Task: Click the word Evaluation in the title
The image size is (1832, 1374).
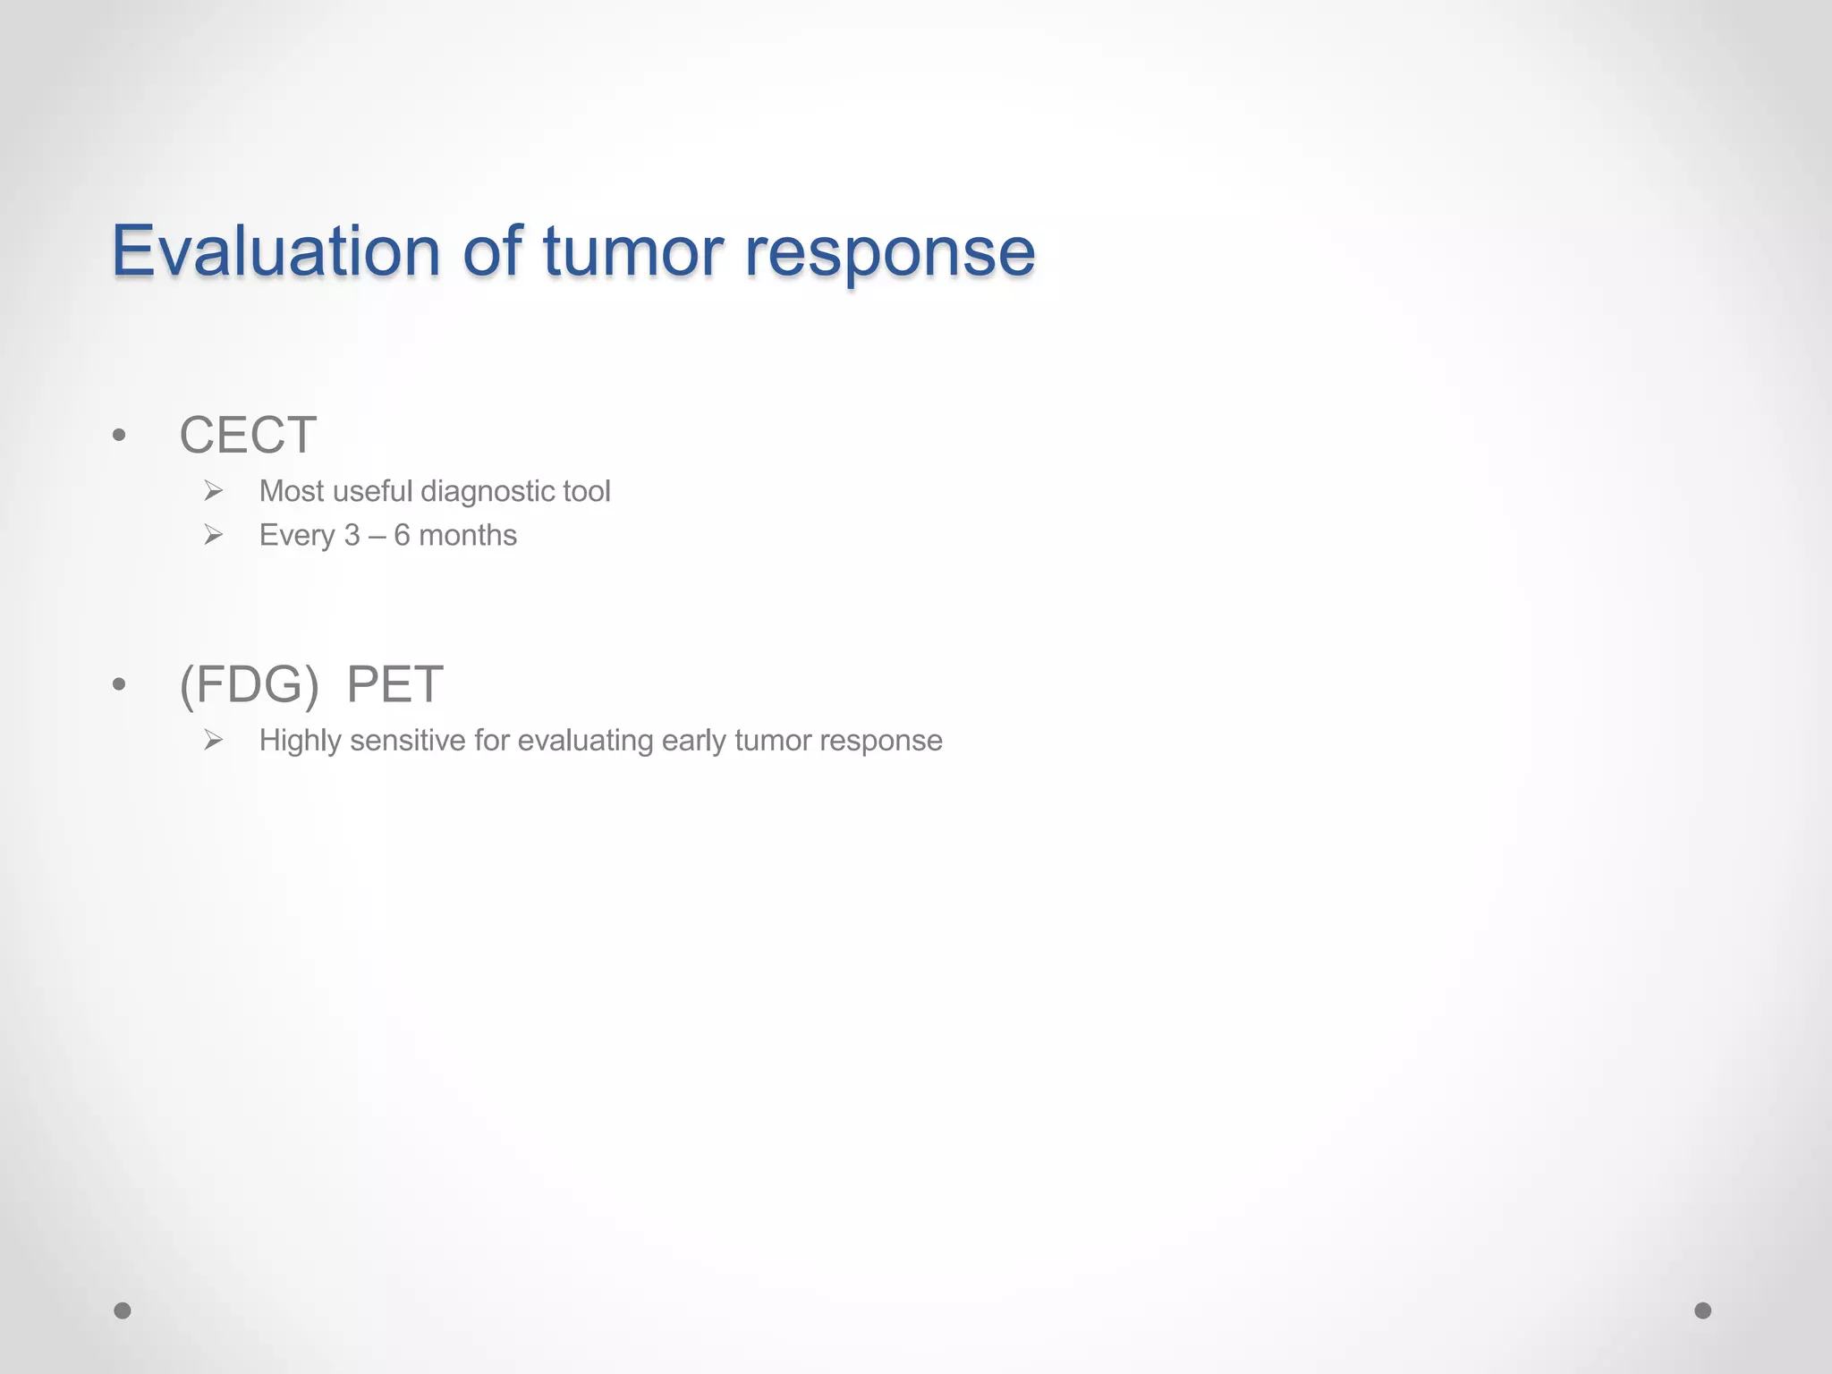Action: point(276,251)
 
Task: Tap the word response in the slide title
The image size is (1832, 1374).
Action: point(889,253)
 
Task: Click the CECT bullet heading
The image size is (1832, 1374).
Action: point(248,436)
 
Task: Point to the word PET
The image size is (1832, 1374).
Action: point(394,685)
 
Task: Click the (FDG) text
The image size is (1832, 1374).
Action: point(249,685)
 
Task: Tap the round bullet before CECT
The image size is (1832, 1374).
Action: point(119,437)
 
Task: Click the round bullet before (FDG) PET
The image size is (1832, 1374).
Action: point(119,685)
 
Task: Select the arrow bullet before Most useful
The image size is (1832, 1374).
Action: point(213,490)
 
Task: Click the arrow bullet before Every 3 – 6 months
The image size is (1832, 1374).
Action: point(213,535)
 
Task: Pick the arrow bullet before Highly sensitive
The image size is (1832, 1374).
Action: point(213,740)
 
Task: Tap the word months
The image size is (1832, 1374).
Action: point(468,535)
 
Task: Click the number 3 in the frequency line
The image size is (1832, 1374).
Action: point(352,535)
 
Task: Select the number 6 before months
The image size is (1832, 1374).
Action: point(402,535)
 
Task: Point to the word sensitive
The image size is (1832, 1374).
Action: point(408,741)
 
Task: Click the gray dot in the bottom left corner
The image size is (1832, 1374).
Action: point(123,1310)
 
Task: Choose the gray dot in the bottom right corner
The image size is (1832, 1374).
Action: point(1703,1310)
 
